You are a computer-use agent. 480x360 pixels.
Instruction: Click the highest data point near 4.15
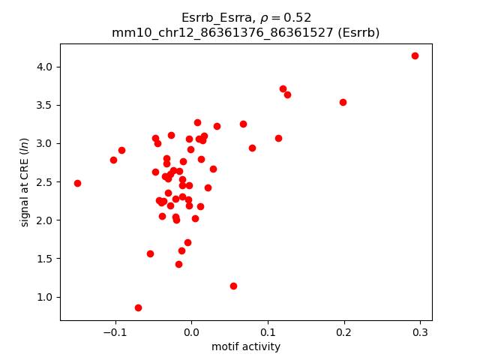tap(415, 55)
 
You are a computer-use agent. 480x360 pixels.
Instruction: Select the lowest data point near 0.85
tap(138, 307)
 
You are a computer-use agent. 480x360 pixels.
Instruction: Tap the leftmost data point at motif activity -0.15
tap(77, 183)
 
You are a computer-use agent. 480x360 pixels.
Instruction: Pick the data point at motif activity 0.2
tap(343, 102)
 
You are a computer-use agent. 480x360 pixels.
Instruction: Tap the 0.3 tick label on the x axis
tap(420, 332)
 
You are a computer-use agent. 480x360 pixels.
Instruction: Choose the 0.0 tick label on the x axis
tap(191, 332)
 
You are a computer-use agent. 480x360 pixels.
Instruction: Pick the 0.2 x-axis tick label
tap(344, 332)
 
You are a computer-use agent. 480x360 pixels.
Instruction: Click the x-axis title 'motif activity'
tap(246, 346)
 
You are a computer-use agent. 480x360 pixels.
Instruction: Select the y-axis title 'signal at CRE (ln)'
tap(24, 181)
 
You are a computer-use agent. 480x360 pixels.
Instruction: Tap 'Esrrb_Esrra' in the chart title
tap(213, 18)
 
